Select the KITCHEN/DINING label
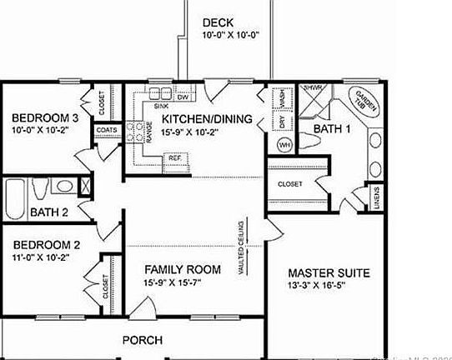(x=207, y=119)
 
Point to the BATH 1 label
(x=331, y=129)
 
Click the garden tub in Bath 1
(x=365, y=102)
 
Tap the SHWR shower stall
(x=313, y=97)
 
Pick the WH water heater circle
(x=284, y=145)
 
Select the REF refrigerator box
(x=175, y=157)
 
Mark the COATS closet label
(x=106, y=131)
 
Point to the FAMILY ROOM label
(x=183, y=269)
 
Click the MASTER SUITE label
(x=328, y=273)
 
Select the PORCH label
(x=143, y=340)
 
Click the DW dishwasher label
(x=183, y=97)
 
